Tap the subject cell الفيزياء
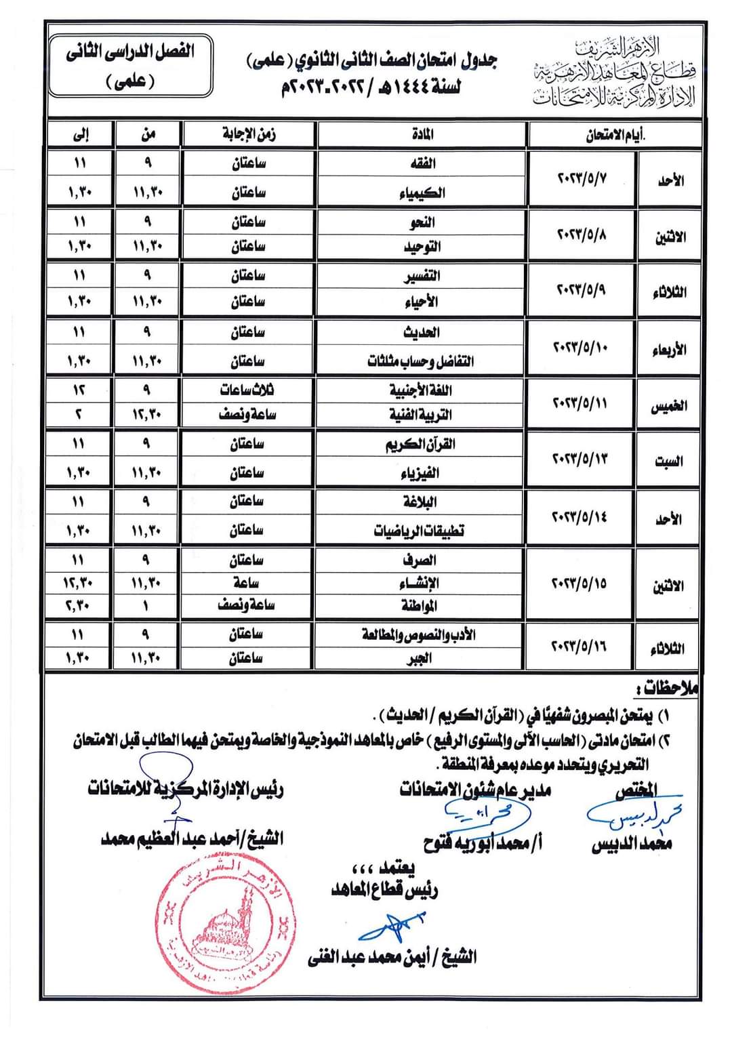pos(422,472)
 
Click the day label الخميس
pos(668,405)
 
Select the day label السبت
pos(668,462)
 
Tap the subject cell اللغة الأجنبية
pos(421,390)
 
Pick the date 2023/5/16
pos(582,647)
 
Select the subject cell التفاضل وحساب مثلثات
pos(421,361)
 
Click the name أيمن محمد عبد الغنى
pos(392,958)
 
